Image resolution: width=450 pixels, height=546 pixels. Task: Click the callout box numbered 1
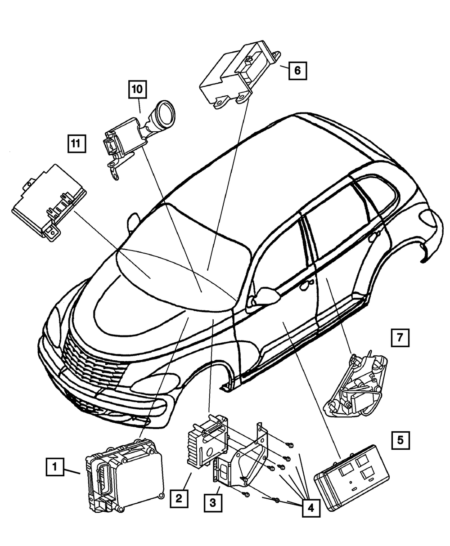[x=54, y=467]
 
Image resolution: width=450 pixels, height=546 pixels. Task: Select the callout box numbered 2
[x=179, y=498]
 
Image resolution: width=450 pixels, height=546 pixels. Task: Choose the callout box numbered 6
[x=297, y=70]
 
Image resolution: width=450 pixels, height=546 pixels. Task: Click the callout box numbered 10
[x=137, y=89]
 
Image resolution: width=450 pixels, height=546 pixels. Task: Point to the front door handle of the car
[x=307, y=283]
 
